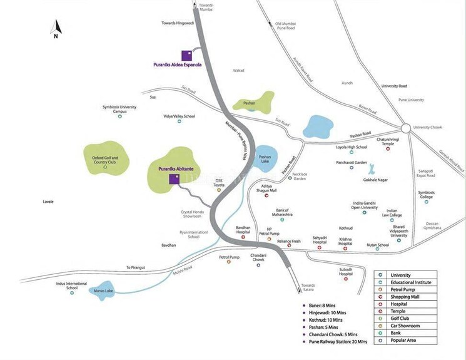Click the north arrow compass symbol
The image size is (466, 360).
point(56,29)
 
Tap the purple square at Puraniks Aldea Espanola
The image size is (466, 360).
point(186,55)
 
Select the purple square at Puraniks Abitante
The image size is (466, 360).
point(175,179)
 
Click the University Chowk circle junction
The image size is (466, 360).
point(405,128)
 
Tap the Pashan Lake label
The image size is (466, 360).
point(265,159)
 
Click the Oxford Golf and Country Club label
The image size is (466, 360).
point(105,160)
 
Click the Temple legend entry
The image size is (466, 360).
point(398,311)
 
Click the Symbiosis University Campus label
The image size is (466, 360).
point(119,109)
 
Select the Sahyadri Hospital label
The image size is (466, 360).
point(320,240)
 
